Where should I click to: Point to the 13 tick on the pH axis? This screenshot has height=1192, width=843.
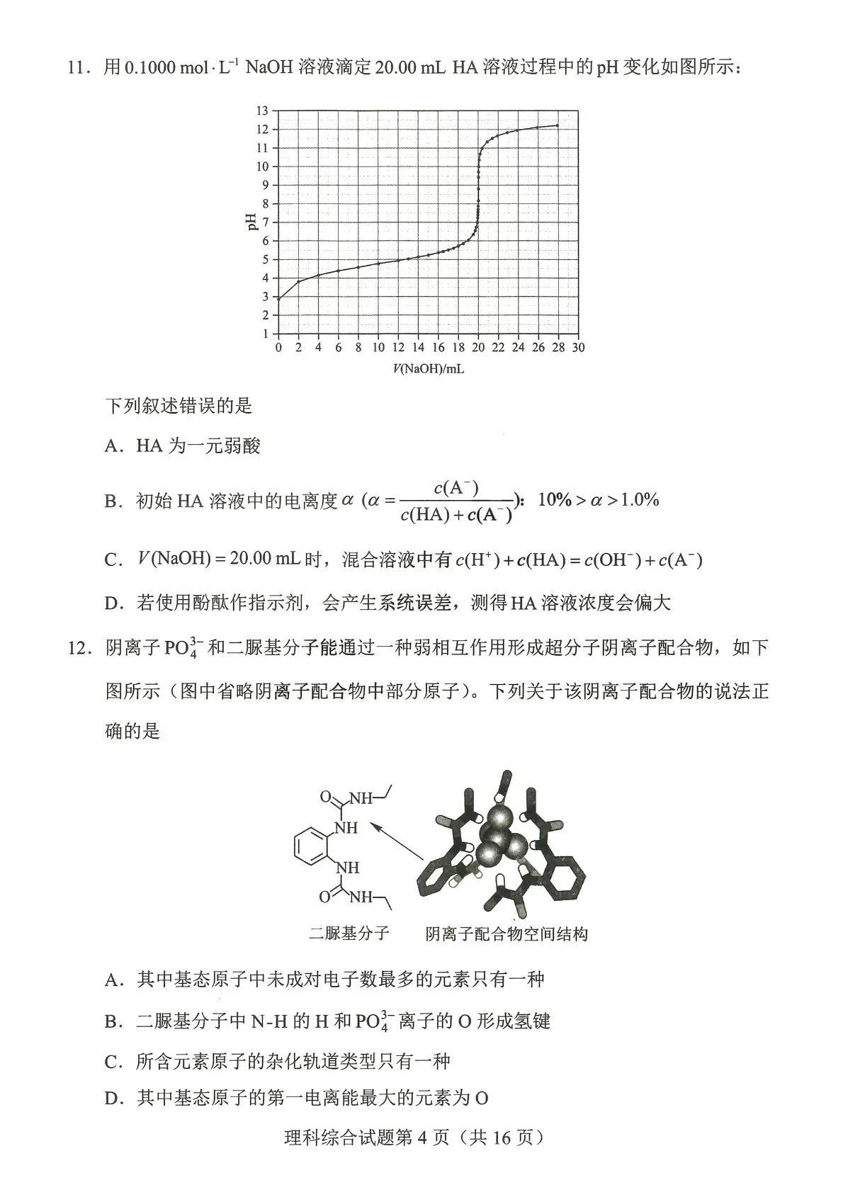(263, 110)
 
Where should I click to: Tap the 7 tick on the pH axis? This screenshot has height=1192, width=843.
(265, 222)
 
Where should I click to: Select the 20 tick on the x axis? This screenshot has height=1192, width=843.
(478, 348)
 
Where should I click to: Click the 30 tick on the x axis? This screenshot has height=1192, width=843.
(578, 348)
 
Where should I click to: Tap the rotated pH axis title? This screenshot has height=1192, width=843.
(250, 222)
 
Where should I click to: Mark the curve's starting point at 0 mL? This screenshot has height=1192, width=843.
(278, 299)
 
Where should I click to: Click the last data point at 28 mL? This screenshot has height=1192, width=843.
(558, 125)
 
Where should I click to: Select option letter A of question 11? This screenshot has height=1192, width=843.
(113, 446)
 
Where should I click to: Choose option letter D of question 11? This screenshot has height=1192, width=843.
(113, 603)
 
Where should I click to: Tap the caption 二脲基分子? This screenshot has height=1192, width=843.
(349, 933)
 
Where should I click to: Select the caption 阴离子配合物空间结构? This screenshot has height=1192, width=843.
(506, 934)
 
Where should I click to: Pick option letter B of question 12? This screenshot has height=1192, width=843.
(113, 1022)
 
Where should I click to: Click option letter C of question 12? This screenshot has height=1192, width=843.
(113, 1062)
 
